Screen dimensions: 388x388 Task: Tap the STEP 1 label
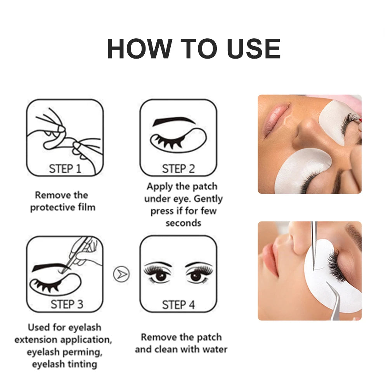pos(65,169)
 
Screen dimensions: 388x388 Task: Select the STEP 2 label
pos(178,169)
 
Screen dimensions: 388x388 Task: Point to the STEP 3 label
pos(67,305)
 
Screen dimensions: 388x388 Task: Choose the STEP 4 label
pos(178,305)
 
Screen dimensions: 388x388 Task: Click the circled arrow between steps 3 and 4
pos(121,274)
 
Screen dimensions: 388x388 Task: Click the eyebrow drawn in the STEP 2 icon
pos(173,121)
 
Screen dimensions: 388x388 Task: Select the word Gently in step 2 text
pos(208,199)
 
